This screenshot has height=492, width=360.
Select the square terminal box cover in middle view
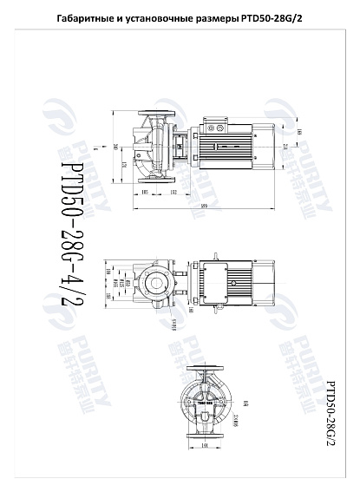[213, 283]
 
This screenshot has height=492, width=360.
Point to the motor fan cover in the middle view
[264, 283]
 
